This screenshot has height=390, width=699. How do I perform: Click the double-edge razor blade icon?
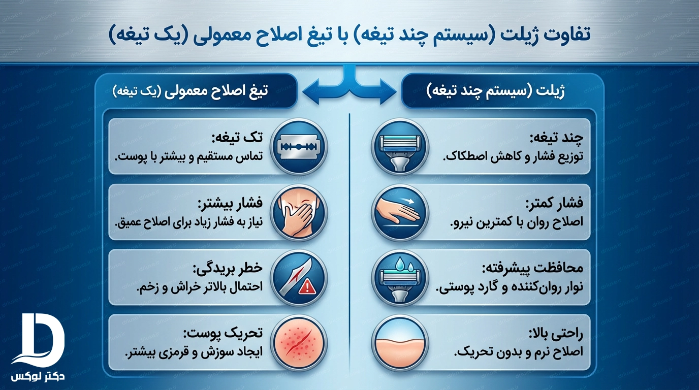pos(299,147)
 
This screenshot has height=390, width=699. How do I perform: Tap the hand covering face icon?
pos(299,212)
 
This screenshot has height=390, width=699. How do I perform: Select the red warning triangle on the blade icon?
pos(307,286)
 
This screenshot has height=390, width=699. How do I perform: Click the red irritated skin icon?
pos(299,343)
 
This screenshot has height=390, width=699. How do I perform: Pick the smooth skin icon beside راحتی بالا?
pos(400,343)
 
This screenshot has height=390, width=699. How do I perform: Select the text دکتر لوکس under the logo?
pos(38,376)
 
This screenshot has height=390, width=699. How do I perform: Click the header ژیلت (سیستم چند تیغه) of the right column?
pos(495,92)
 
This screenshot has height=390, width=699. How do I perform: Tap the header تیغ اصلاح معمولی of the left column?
pos(190,92)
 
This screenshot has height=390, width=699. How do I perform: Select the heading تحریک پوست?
pos(223,333)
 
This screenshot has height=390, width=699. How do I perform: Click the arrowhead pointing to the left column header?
pos(311,92)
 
